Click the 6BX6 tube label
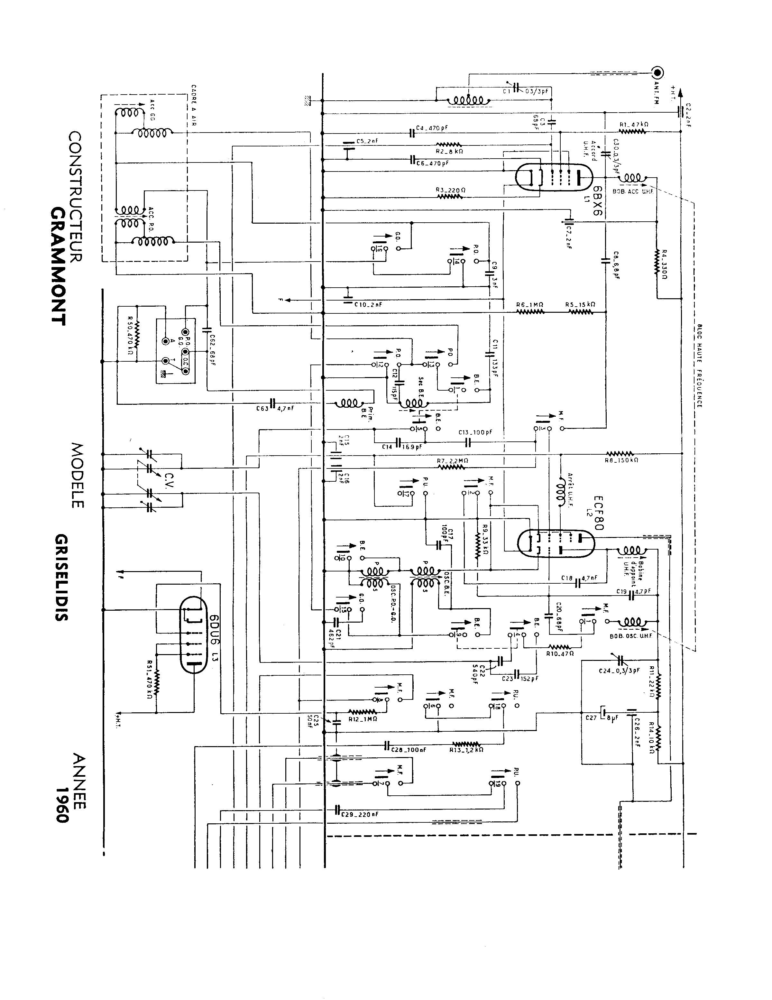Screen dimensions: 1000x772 pos(598,201)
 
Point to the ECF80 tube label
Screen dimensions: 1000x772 pos(598,513)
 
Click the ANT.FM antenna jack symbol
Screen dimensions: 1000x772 pos(658,72)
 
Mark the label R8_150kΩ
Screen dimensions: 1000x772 pos(621,460)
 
